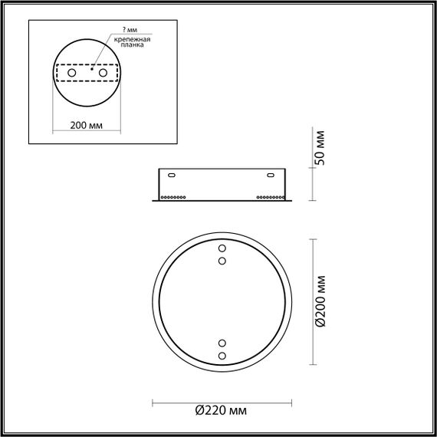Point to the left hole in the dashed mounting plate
click(72, 72)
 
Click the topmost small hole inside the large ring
click(222, 248)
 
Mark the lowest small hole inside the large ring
click(222, 356)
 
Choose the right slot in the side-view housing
click(271, 176)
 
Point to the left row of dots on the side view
click(172, 198)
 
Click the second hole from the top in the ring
click(222, 261)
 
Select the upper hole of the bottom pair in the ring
click(222, 343)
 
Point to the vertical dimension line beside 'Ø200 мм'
click(310, 301)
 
